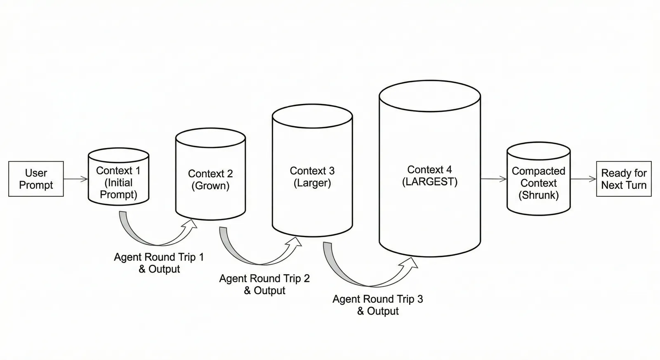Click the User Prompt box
point(36,179)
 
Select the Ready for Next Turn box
point(624,179)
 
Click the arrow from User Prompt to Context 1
point(76,179)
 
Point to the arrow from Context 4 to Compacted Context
point(493,179)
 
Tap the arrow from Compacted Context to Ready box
point(583,179)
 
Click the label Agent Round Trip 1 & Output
point(159,263)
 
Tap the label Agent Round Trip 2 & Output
point(264,285)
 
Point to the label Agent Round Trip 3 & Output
point(378,305)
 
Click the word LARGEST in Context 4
point(430,182)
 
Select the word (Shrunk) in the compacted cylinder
point(538,195)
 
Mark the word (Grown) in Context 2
point(210,186)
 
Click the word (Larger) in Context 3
point(312,183)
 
